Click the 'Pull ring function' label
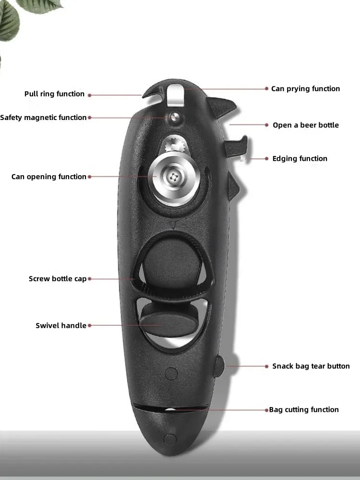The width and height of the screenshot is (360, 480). point(54,94)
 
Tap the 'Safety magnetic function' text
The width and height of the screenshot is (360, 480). point(43,118)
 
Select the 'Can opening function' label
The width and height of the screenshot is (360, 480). point(49,177)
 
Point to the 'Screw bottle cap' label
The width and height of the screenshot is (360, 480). point(58,279)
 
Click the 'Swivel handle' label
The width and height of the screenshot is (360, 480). point(61,326)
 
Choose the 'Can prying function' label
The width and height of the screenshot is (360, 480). point(305,89)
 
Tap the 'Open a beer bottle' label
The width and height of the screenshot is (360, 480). point(305,125)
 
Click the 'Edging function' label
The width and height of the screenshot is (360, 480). point(300,159)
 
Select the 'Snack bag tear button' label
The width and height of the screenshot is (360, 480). point(311,366)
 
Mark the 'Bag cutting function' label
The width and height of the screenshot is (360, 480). point(304,410)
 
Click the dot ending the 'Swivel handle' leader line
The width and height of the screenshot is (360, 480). point(90,325)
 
